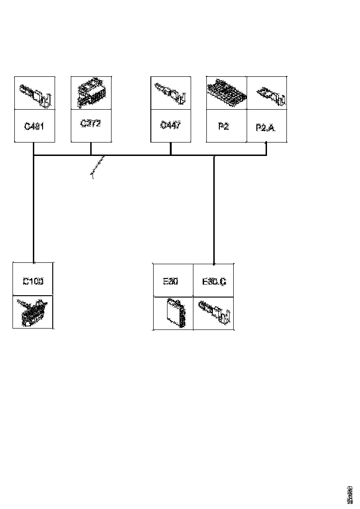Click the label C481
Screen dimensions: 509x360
coord(34,126)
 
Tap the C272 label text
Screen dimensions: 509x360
coord(91,124)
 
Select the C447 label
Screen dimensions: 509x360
coord(171,125)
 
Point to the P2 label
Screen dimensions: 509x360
coord(223,126)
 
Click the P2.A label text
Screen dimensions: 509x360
coord(266,127)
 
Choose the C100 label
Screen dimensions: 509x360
coord(33,280)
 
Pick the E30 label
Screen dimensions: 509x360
coord(171,280)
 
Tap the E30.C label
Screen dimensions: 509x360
coord(214,281)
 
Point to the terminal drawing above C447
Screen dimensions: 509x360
coord(171,94)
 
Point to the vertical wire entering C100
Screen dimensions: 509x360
coord(34,208)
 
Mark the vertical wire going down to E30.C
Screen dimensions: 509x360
coord(213,208)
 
